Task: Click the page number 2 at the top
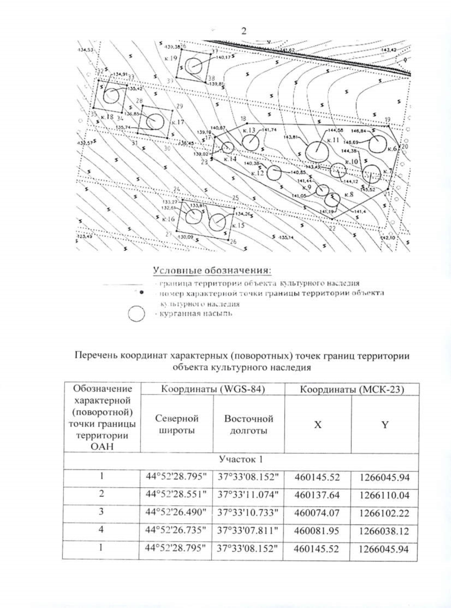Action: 244,31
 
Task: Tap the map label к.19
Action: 171,58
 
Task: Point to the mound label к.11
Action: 333,140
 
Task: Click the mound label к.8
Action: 349,195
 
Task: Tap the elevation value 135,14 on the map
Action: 286,237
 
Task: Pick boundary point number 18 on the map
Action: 243,118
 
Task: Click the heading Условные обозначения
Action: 212,271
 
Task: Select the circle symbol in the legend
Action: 136,314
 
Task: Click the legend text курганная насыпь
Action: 196,313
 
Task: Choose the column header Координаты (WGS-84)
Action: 213,389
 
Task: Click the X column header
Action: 318,425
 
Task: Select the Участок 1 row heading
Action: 241,459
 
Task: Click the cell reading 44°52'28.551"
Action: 176,495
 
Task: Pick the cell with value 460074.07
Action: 317,513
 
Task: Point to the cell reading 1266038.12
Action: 384,531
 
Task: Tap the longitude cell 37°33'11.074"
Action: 248,495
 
